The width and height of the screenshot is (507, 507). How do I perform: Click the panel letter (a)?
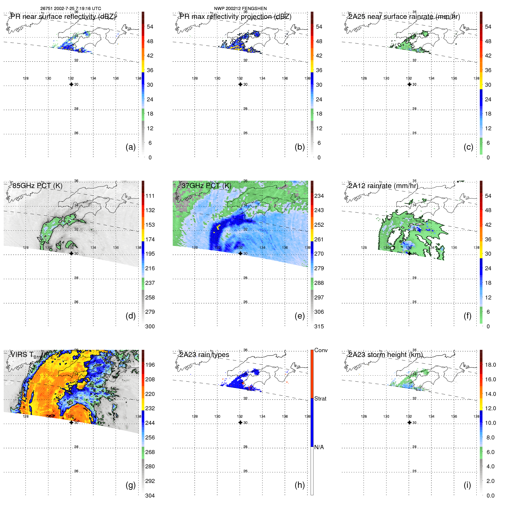tap(131, 147)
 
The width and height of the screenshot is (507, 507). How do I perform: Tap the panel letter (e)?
tap(300, 316)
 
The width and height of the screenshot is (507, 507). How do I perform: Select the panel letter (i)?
tap(467, 485)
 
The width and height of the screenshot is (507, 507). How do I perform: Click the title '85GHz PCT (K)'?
tap(37, 186)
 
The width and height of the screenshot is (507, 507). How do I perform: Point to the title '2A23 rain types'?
tap(204, 355)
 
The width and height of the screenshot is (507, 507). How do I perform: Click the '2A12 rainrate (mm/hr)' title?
tap(383, 186)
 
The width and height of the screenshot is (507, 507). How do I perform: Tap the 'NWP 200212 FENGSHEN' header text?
tap(240, 8)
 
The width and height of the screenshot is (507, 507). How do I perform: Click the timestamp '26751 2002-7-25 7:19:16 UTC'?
tap(70, 8)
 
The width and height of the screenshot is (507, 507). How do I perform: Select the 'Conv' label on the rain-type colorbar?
tap(321, 350)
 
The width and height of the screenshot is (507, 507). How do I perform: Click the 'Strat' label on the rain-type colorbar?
tap(320, 399)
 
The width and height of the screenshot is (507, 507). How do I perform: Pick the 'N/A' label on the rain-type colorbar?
tap(319, 447)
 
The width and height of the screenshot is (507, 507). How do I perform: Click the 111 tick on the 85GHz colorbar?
tap(150, 196)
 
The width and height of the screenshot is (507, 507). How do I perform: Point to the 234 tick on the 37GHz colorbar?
tap(319, 196)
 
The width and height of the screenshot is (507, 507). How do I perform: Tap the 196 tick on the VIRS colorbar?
tap(150, 365)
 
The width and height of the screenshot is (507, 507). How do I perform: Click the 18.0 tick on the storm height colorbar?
tap(490, 365)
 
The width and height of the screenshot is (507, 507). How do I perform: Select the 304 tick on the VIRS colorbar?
tap(150, 496)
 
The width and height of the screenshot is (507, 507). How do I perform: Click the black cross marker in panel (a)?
tap(71, 84)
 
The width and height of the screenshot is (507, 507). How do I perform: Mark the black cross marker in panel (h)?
tap(240, 423)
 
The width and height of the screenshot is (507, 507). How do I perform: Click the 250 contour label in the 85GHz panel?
tap(40, 240)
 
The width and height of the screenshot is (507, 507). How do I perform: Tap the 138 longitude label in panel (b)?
tap(307, 78)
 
